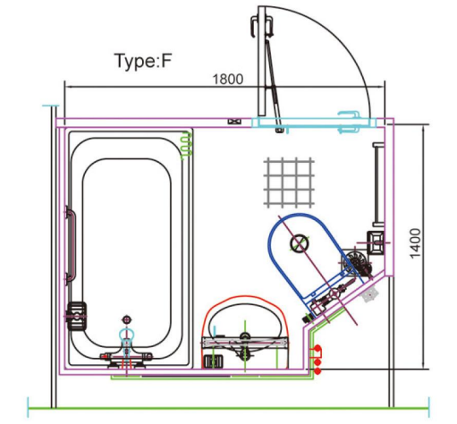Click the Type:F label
pos(142,62)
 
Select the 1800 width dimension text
pos(228,79)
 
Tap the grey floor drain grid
pos(291,179)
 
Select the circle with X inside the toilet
pos(299,241)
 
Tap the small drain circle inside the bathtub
pos(126,318)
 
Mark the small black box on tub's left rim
pos(78,313)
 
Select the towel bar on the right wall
pos(377,183)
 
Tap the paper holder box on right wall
pos(376,240)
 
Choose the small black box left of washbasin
pos(213,360)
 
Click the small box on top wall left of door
pos(236,119)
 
